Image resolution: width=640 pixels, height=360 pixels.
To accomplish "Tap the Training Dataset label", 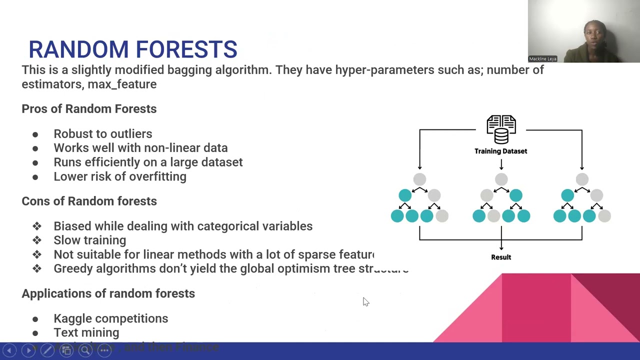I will [500, 151].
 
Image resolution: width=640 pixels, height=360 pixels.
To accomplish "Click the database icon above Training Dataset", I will [501, 129].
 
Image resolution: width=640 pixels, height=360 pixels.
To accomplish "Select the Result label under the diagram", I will [501, 257].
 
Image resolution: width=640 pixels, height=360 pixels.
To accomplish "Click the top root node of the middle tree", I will [501, 179].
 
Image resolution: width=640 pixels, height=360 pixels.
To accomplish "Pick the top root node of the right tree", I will [582, 179].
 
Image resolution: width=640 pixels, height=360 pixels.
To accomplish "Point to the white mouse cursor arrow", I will [365, 301].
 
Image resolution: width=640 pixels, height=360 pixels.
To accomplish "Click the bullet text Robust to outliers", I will [102, 133].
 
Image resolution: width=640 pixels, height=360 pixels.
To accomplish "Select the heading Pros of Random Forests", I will [89, 108].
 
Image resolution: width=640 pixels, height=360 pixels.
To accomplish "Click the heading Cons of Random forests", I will [89, 201].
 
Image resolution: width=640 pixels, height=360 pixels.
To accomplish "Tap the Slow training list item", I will [89, 240].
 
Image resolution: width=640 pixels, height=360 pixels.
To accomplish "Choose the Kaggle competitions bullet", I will [110, 318].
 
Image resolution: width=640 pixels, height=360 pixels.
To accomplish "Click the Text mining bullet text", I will [86, 332].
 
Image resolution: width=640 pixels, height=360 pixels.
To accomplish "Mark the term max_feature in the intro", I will [122, 84].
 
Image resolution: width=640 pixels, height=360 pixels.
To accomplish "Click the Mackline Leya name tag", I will [542, 59].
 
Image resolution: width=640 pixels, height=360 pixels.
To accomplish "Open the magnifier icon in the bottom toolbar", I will [85, 350].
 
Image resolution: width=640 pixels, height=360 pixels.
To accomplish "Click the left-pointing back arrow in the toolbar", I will [9, 350].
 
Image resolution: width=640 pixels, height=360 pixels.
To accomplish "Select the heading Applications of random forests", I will [108, 293].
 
